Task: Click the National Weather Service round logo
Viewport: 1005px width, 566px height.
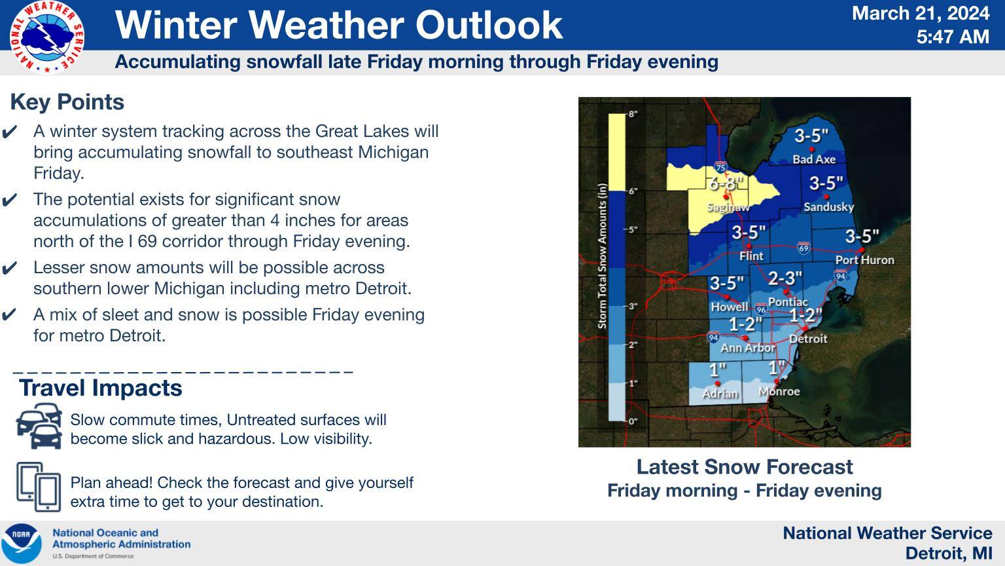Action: click(x=46, y=37)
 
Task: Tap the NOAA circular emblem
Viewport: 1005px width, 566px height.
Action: click(x=22, y=543)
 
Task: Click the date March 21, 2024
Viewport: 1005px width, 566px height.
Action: click(x=920, y=13)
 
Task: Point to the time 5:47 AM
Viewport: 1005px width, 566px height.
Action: click(x=952, y=37)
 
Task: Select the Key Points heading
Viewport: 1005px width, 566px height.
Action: click(x=67, y=102)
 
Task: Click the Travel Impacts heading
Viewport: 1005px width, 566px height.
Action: click(x=101, y=388)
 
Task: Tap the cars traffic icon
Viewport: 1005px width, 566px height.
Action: click(x=39, y=426)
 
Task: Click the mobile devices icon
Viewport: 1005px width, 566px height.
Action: click(x=39, y=487)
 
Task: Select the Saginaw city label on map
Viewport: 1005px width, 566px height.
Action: click(x=728, y=207)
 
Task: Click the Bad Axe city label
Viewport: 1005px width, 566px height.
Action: click(x=813, y=159)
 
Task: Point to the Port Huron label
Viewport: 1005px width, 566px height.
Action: click(x=864, y=260)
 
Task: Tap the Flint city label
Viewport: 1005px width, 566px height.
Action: click(x=751, y=256)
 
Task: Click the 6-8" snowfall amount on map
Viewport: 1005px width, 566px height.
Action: click(x=726, y=183)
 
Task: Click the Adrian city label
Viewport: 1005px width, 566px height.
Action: click(x=720, y=393)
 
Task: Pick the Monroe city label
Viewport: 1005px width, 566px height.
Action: click(x=779, y=392)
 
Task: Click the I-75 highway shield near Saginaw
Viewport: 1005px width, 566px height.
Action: click(x=720, y=167)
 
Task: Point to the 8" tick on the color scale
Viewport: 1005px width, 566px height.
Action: click(x=633, y=114)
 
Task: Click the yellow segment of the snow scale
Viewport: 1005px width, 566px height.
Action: click(x=616, y=152)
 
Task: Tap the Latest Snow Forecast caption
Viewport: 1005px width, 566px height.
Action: click(x=744, y=467)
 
